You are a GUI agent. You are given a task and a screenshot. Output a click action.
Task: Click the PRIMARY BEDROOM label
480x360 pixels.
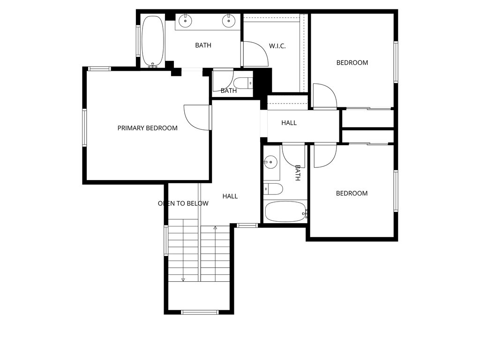pos(147,128)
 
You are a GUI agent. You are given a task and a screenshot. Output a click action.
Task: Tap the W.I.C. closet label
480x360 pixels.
pos(277,46)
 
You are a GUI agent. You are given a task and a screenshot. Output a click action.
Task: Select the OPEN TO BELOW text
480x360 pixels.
pos(183,203)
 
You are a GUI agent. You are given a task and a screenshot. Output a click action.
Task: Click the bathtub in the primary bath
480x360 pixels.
pos(152,41)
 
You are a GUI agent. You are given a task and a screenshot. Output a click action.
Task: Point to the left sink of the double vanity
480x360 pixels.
pos(186,20)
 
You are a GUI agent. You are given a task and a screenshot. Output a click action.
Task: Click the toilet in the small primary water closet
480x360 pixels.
pos(243,83)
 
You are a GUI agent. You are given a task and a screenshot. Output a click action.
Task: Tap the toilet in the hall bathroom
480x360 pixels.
pos(273,189)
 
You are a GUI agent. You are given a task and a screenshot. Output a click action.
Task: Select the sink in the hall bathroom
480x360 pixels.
pos(270,163)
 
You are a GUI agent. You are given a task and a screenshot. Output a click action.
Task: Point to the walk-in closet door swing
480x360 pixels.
pos(255,54)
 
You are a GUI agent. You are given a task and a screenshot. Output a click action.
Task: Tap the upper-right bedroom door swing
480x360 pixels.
pos(324,96)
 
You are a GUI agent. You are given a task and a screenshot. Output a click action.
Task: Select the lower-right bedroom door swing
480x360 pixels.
pos(324,155)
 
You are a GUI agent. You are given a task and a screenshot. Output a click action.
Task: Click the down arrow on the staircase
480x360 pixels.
pos(183,279)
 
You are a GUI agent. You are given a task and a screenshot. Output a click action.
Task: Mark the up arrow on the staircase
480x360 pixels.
pos(215,228)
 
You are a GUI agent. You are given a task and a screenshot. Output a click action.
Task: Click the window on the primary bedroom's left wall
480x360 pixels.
pos(84,127)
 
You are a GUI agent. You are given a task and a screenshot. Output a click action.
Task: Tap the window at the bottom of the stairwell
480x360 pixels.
pos(199,312)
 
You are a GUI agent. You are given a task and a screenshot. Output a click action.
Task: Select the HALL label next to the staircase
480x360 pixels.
pos(230,196)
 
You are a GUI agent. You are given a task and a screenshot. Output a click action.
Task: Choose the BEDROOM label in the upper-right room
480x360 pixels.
pos(352,62)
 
